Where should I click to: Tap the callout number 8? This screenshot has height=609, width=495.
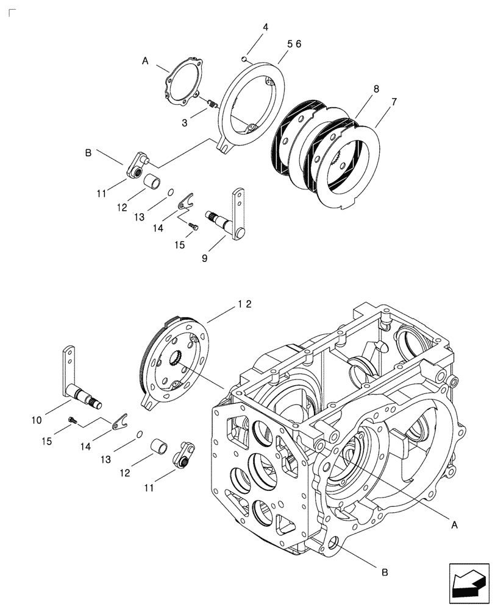[376, 89]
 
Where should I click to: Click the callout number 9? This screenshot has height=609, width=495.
[205, 258]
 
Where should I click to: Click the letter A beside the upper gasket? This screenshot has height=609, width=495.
[145, 61]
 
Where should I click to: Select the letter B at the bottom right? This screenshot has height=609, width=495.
[384, 572]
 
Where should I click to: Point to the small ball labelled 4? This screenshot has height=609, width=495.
[244, 59]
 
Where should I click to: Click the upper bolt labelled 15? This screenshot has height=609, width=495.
[194, 227]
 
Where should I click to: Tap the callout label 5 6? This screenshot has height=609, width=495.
[294, 44]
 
